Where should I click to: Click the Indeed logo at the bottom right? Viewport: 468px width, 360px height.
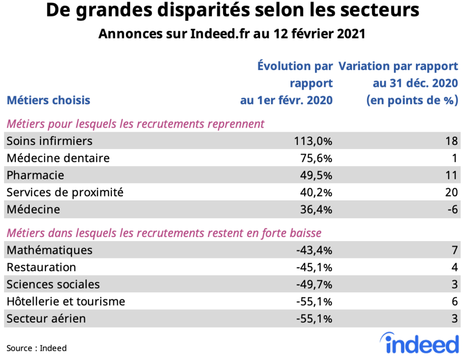click(419, 344)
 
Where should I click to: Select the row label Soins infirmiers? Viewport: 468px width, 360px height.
click(49, 141)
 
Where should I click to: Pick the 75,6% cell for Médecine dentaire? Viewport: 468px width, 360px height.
click(316, 158)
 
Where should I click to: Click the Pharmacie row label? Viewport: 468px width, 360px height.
click(35, 175)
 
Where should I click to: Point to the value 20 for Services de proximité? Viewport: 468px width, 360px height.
click(451, 193)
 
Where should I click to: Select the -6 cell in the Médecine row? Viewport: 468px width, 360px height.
click(452, 210)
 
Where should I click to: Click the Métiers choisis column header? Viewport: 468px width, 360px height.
click(48, 100)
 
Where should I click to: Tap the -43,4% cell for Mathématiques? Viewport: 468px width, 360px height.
click(314, 250)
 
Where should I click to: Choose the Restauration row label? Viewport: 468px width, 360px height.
click(41, 267)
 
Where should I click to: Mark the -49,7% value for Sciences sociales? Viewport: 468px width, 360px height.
click(314, 285)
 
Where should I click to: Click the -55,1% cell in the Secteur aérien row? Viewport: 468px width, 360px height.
click(314, 318)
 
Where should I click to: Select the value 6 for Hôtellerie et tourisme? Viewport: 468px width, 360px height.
click(454, 301)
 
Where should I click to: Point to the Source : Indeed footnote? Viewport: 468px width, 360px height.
click(37, 348)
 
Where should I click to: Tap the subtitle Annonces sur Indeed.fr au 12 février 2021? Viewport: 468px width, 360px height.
click(232, 34)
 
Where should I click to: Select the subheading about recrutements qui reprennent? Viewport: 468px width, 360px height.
click(135, 124)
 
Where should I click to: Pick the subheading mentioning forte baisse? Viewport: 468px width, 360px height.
click(164, 233)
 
